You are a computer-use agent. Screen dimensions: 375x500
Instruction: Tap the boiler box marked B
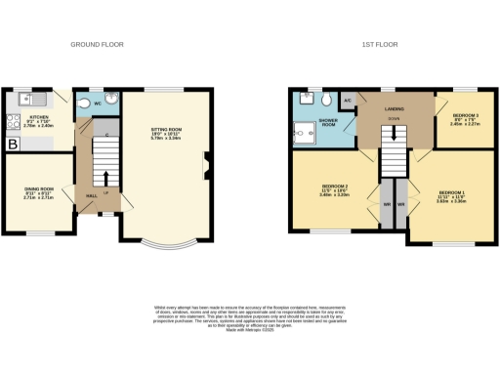pyautogui.click(x=14, y=144)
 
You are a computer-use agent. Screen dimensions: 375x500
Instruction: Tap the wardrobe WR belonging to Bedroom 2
pyautogui.click(x=387, y=203)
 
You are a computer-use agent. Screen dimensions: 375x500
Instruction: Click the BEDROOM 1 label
pyautogui.click(x=451, y=193)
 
